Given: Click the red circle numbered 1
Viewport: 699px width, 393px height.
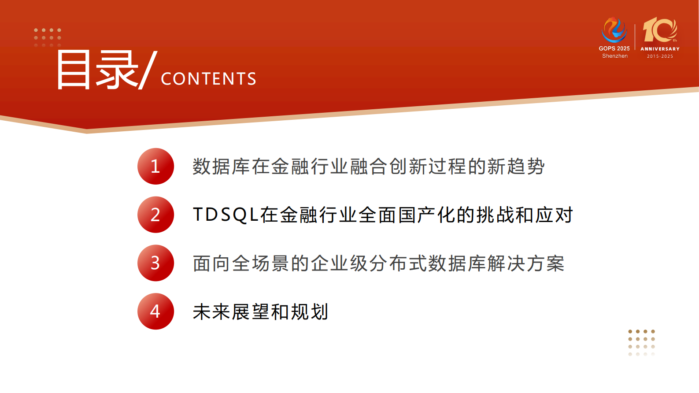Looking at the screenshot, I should coord(155,166).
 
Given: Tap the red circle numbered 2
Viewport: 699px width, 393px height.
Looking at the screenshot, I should coord(155,215).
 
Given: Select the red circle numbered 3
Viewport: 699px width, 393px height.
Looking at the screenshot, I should coord(155,263).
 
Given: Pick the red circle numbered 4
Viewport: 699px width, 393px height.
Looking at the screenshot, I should coord(155,311).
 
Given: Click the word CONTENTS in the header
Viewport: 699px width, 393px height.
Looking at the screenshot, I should coord(208,79).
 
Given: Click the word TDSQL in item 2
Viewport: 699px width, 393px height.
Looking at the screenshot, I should coord(225,215).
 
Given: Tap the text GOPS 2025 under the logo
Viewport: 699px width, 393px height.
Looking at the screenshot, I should coord(614,48).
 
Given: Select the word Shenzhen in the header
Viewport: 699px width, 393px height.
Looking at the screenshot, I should coord(615,56).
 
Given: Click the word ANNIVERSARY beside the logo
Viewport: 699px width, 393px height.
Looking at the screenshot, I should coord(660,49).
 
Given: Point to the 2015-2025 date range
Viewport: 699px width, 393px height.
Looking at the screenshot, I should coord(660,56).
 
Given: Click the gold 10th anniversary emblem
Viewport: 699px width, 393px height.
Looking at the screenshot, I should coord(659,30).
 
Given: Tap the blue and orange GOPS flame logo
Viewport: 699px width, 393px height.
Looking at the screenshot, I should coord(614,30).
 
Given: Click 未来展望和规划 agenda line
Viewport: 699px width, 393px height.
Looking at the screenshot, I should coord(260,312).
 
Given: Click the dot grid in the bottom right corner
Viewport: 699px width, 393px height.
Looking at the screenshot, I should coord(641,342).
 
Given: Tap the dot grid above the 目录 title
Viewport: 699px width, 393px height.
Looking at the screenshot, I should coord(48,37).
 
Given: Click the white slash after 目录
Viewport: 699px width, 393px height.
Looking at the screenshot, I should coord(148,70).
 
